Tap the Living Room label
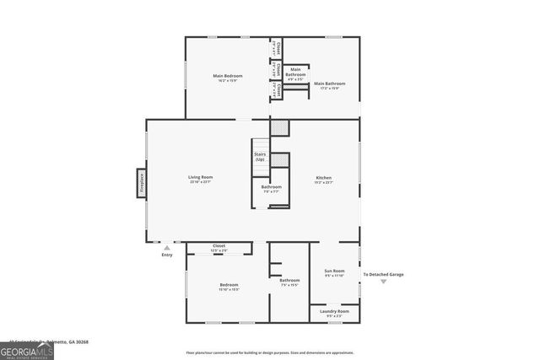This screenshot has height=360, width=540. coord(200,179)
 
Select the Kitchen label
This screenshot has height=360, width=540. coord(323,179)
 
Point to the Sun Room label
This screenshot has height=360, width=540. coord(335,272)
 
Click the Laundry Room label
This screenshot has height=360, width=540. coord(335,312)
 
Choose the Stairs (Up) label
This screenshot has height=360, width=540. coord(260,156)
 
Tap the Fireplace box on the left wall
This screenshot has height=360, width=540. coord(142,183)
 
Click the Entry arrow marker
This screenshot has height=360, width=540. coord(167,248)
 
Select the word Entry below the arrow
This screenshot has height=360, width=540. coord(167,255)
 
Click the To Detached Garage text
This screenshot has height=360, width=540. coord(383,274)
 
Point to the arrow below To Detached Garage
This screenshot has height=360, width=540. coord(383,282)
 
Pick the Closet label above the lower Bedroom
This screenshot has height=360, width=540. coord(219,248)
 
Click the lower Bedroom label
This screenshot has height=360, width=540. coord(229,287)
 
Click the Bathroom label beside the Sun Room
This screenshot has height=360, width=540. coord(290,282)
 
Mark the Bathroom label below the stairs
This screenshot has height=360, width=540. coord(271,188)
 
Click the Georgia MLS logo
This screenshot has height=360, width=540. coord(27,349)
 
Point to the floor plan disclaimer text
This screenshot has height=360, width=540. coord(270,352)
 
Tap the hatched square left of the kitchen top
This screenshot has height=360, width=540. coord(280,127)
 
